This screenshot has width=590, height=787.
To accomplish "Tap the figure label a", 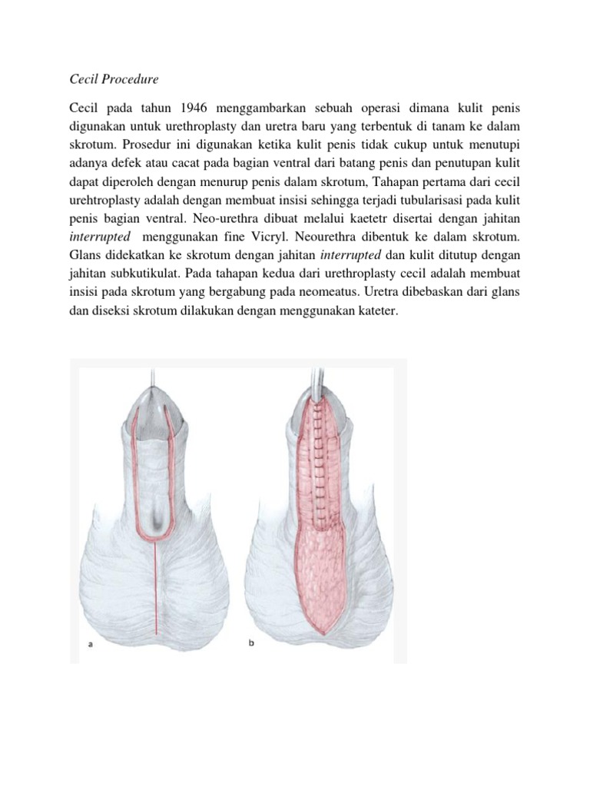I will (x=90, y=645).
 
